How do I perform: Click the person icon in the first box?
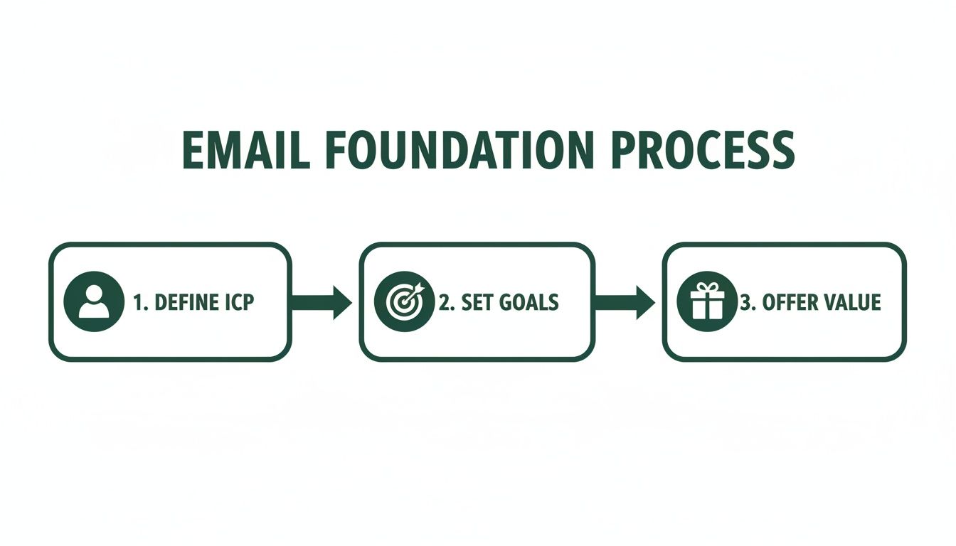click(x=93, y=302)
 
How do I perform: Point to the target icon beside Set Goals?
click(x=403, y=302)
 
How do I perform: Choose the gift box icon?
click(x=706, y=302)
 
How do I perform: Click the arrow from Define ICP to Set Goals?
click(x=322, y=302)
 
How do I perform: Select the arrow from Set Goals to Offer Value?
click(x=625, y=302)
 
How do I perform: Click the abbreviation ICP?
click(x=236, y=303)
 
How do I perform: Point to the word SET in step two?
click(x=477, y=303)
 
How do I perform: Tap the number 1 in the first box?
click(x=137, y=303)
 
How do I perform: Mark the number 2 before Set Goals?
click(x=445, y=303)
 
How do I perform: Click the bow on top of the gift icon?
click(x=706, y=287)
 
